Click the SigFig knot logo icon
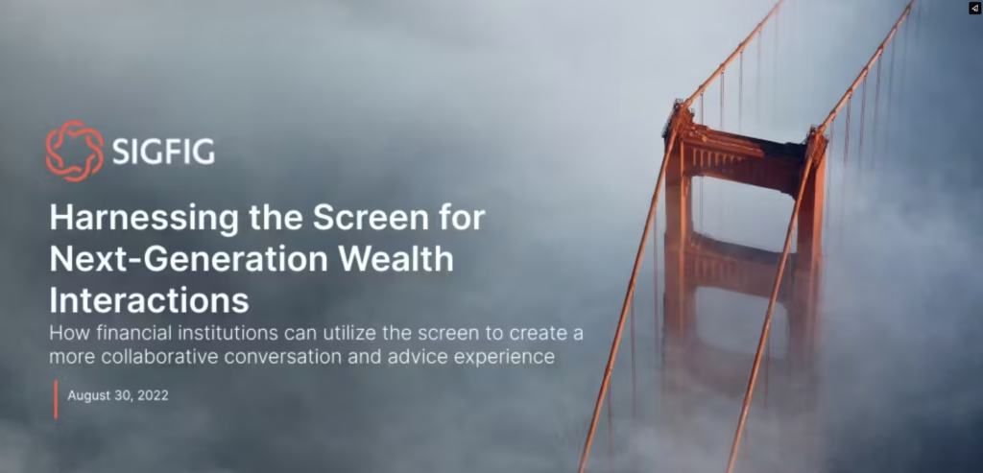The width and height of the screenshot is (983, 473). click(73, 151)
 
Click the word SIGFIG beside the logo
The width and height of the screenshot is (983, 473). click(163, 152)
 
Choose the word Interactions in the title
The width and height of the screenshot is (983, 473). click(149, 299)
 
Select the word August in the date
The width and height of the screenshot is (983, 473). click(91, 395)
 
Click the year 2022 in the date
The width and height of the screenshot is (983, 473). click(153, 395)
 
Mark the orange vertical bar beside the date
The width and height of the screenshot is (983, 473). click(56, 398)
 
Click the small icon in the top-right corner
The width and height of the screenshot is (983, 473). click(973, 8)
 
